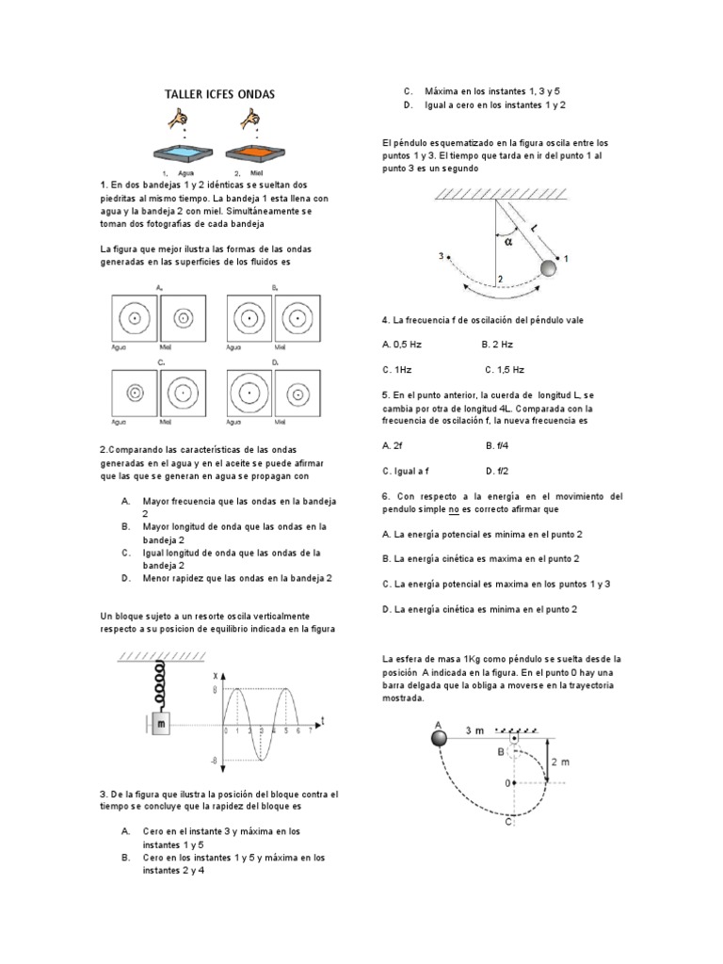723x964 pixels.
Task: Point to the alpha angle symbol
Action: [509, 239]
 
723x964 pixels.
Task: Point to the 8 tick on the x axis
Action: [216, 690]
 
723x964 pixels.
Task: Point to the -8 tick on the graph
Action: [215, 761]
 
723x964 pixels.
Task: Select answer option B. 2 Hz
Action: [497, 345]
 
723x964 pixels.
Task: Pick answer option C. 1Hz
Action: [400, 370]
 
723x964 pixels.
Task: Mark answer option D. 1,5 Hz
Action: [505, 370]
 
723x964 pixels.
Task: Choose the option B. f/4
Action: [497, 445]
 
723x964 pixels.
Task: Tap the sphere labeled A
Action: [438, 737]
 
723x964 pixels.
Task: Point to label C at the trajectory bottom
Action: [509, 822]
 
